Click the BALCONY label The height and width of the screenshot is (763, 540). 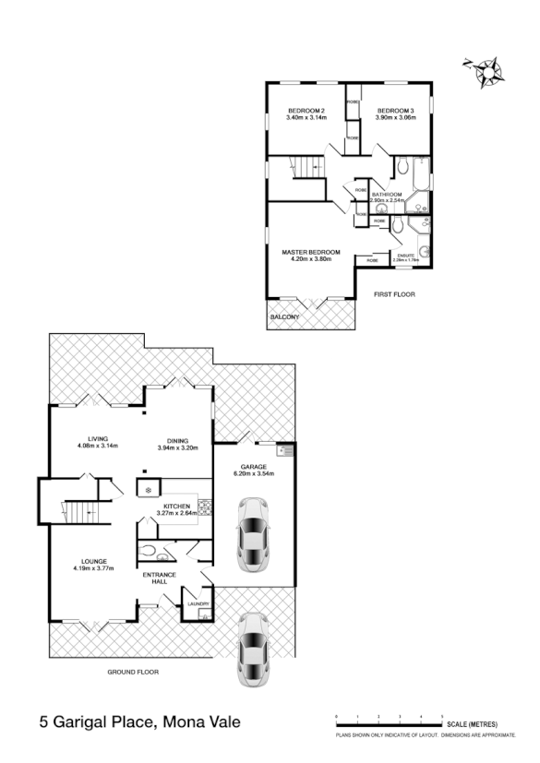(284, 316)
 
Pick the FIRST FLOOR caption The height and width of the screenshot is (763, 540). (394, 294)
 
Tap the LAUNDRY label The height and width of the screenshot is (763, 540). (198, 604)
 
